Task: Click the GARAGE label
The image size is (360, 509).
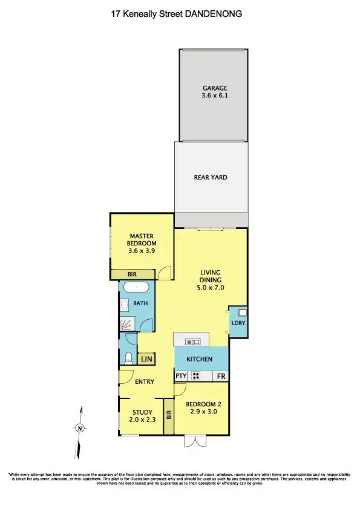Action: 215,88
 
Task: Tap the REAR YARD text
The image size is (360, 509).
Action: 210,177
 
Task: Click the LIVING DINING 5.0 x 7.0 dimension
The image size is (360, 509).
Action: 211,288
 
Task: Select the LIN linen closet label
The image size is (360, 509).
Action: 146,359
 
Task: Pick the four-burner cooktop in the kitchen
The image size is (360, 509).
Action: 196,376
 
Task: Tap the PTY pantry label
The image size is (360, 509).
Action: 180,376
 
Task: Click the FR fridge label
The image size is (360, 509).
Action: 221,376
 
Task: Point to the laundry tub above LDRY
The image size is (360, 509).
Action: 241,313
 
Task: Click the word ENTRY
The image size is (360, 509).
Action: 145,381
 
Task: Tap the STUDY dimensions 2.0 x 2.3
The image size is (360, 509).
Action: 140,420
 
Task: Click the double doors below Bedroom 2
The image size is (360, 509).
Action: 194,442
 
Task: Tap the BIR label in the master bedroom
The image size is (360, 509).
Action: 132,274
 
